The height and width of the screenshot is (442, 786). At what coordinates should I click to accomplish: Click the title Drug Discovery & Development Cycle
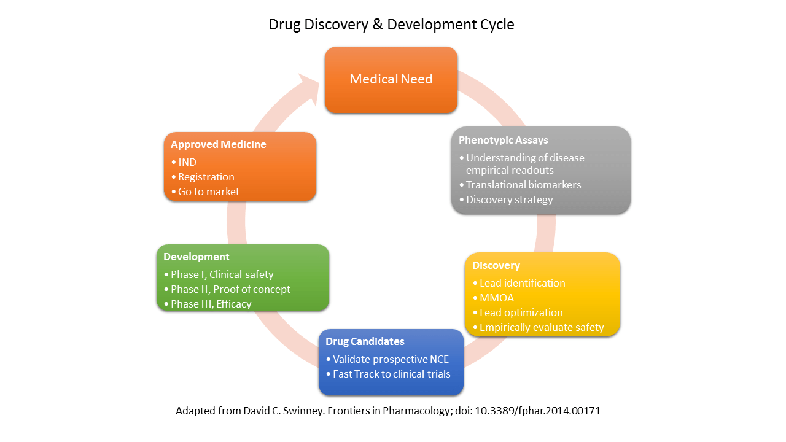coord(391,25)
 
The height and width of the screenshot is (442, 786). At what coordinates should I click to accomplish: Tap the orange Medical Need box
coord(391,80)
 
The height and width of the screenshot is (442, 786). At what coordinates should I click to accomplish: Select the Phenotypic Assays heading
coord(503,140)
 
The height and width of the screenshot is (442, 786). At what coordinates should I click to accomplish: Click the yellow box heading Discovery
coord(496,265)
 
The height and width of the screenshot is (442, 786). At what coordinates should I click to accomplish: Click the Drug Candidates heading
coord(365,341)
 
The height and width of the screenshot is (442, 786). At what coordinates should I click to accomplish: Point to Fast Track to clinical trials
coord(392,374)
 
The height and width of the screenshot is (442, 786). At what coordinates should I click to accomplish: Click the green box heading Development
coord(196,257)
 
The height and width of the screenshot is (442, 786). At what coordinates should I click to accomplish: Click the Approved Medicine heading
coord(218,144)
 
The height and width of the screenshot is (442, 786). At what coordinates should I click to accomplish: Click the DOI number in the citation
coord(537,411)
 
